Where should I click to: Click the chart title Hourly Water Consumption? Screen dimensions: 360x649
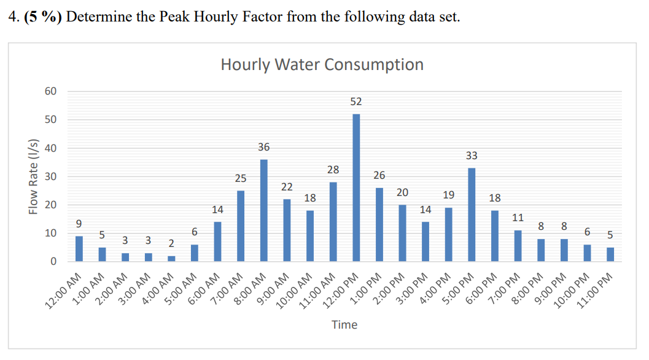[x=322, y=65]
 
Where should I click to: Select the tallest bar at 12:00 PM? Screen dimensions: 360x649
[x=356, y=187]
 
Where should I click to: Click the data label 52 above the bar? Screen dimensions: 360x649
[x=356, y=102]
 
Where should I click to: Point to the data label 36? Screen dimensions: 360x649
[x=264, y=147]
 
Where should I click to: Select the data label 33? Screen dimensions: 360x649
[x=472, y=156]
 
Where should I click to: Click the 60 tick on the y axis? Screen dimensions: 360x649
[x=50, y=91]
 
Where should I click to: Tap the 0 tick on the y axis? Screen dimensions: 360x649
[x=53, y=262]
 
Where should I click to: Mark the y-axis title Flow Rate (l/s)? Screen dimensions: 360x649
[x=34, y=177]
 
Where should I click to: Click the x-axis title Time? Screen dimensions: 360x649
[x=344, y=324]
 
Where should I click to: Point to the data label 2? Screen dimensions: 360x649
[x=171, y=245]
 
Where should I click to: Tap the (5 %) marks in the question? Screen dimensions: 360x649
[x=44, y=17]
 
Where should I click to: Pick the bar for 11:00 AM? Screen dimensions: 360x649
[x=333, y=222]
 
